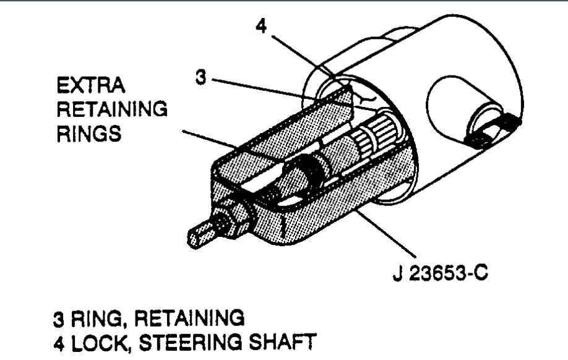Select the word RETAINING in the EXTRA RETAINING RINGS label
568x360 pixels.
pos(112,109)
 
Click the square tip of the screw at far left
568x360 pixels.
pos(199,235)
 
